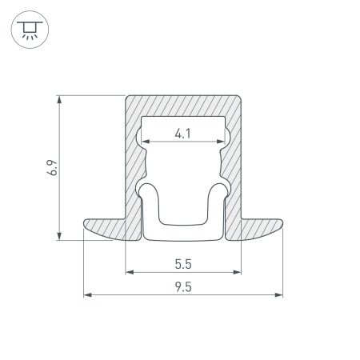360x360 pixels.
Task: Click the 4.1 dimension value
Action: pos(182,134)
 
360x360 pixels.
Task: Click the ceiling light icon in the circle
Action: pos(30,31)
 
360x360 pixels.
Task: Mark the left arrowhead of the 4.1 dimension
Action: pos(146,142)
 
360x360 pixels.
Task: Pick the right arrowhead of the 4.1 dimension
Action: pos(219,142)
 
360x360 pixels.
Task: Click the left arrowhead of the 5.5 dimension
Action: pos(129,272)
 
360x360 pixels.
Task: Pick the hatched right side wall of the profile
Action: pos(234,168)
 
